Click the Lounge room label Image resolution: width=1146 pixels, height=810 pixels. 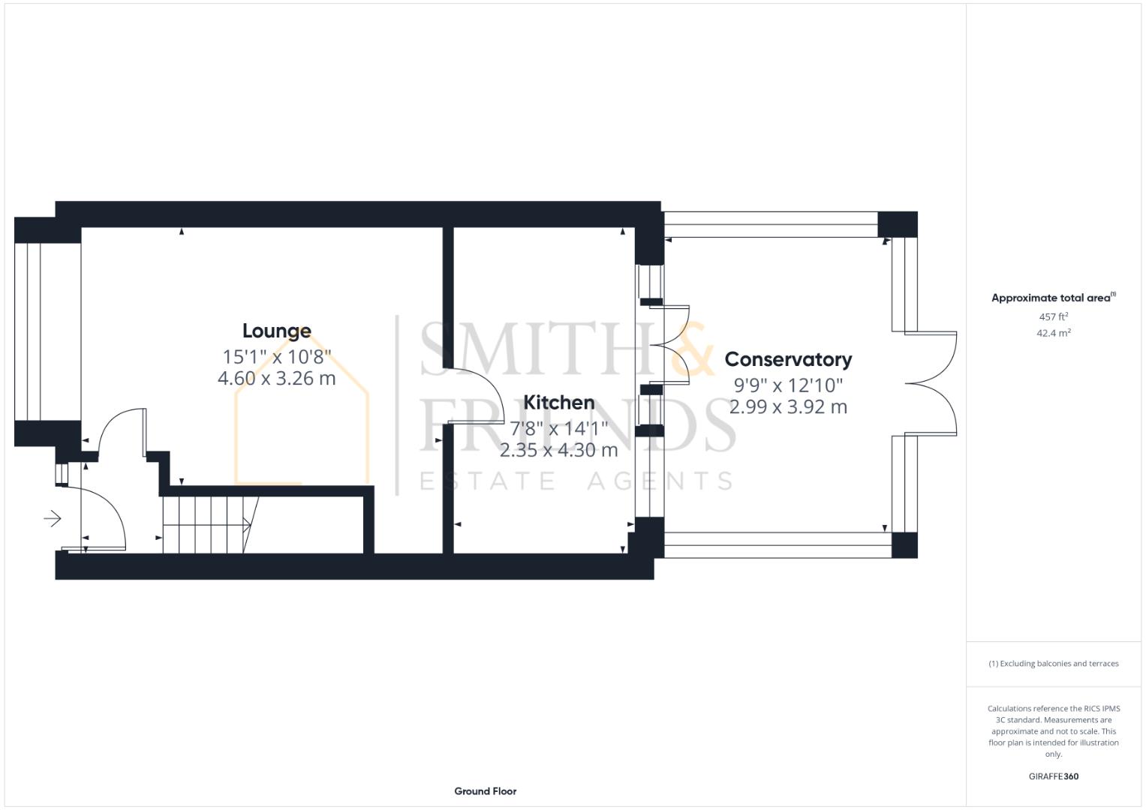point(276,331)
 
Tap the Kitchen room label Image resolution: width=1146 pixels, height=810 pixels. point(558,403)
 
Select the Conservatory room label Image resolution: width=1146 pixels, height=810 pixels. point(788,359)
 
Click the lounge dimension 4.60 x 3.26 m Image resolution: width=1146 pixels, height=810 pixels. point(276,378)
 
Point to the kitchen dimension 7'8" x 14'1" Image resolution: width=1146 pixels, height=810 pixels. point(558,428)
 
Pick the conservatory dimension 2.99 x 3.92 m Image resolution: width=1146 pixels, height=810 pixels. point(788,407)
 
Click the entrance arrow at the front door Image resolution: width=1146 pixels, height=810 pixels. point(53,518)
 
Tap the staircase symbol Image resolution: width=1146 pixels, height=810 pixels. point(206,524)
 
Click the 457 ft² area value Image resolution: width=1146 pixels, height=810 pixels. point(1053,316)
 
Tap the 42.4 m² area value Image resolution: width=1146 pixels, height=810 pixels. point(1053,333)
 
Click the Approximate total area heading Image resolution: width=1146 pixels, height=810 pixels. point(1052,298)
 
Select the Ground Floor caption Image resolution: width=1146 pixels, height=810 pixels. point(485,790)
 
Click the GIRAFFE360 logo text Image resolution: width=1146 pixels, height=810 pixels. point(1053,776)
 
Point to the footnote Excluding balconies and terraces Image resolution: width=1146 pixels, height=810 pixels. point(1053,664)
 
